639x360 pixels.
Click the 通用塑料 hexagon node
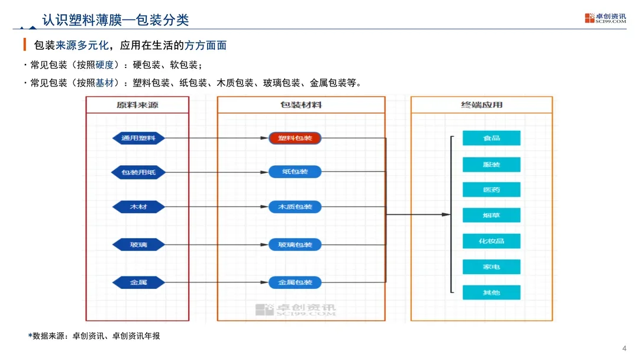click(138, 138)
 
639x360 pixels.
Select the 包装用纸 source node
click(138, 172)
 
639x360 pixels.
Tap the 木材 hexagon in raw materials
click(138, 207)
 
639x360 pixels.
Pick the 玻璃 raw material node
click(138, 244)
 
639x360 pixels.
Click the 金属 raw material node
click(138, 282)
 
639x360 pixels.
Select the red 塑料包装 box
click(295, 138)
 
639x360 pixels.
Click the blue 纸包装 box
click(295, 172)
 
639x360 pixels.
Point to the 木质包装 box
click(295, 207)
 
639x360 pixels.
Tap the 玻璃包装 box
click(295, 244)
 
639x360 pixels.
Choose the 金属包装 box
click(295, 282)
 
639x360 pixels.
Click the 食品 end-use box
click(491, 138)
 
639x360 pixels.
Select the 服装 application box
click(491, 164)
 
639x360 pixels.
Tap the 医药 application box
click(491, 189)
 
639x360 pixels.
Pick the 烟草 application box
click(491, 215)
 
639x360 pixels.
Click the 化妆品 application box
click(491, 241)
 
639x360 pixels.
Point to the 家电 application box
click(491, 266)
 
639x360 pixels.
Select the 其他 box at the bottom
click(491, 292)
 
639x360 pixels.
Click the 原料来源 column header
click(137, 105)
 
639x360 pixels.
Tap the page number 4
click(624, 348)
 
